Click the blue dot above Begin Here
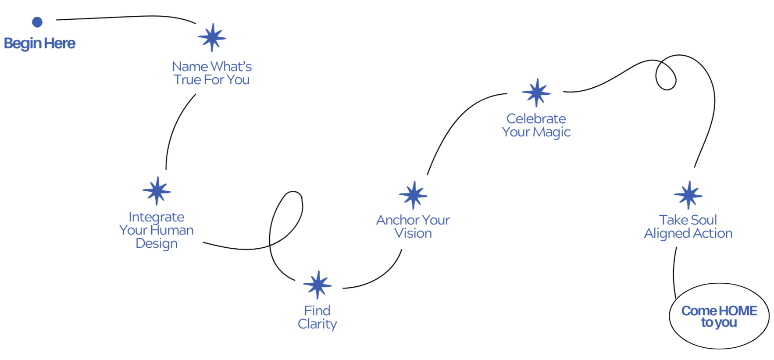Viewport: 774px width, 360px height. [x=37, y=22]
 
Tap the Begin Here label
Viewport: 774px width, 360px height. [x=39, y=43]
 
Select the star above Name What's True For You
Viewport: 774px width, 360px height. [x=212, y=38]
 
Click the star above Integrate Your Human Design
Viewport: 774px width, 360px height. [x=157, y=191]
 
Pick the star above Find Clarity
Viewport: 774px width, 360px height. [x=317, y=285]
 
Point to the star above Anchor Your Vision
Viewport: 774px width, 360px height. [x=413, y=195]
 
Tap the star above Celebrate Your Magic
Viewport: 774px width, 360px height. [x=536, y=93]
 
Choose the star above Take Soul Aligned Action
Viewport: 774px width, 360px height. [x=688, y=195]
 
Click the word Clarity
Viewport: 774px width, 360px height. [x=317, y=324]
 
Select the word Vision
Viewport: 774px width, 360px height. [x=413, y=233]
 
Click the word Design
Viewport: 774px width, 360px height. [x=157, y=243]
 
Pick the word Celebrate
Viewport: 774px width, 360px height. [x=536, y=118]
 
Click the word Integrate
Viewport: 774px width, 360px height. [x=157, y=217]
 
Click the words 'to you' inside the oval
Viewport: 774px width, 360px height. [x=719, y=323]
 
